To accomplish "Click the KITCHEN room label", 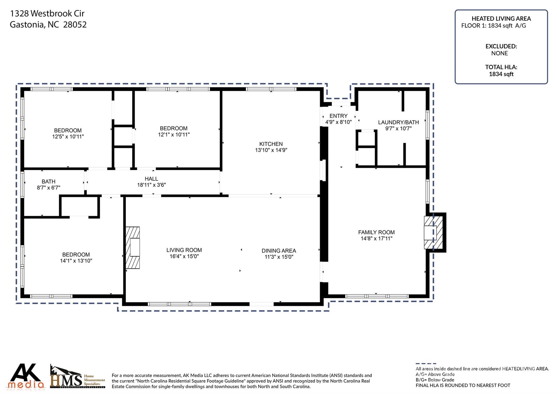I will [x=271, y=144].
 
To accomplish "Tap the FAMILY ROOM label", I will [x=376, y=232].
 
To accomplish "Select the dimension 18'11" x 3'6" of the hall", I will [x=151, y=185].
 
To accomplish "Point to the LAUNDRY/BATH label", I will [x=398, y=122].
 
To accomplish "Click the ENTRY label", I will [x=338, y=116].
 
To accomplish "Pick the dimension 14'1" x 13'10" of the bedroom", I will [x=76, y=261].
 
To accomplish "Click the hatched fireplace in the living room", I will [x=133, y=248].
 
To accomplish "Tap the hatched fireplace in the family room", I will [x=433, y=233].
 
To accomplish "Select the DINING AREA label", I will [x=279, y=251].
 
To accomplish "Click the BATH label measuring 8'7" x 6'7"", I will [x=48, y=182].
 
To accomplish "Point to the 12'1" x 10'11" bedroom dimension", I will [x=174, y=135].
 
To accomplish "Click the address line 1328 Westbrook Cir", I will [x=47, y=13].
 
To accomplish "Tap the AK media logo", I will [x=26, y=376].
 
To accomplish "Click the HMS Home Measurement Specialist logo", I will [x=77, y=377].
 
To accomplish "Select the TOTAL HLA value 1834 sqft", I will [x=501, y=74].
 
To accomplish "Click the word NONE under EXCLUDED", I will [x=499, y=53].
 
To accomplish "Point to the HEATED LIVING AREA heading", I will [x=501, y=19].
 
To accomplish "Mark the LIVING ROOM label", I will [x=184, y=250].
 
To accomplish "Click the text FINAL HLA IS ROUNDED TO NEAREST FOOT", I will [x=463, y=385].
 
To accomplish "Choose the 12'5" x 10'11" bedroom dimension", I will [x=68, y=137].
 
